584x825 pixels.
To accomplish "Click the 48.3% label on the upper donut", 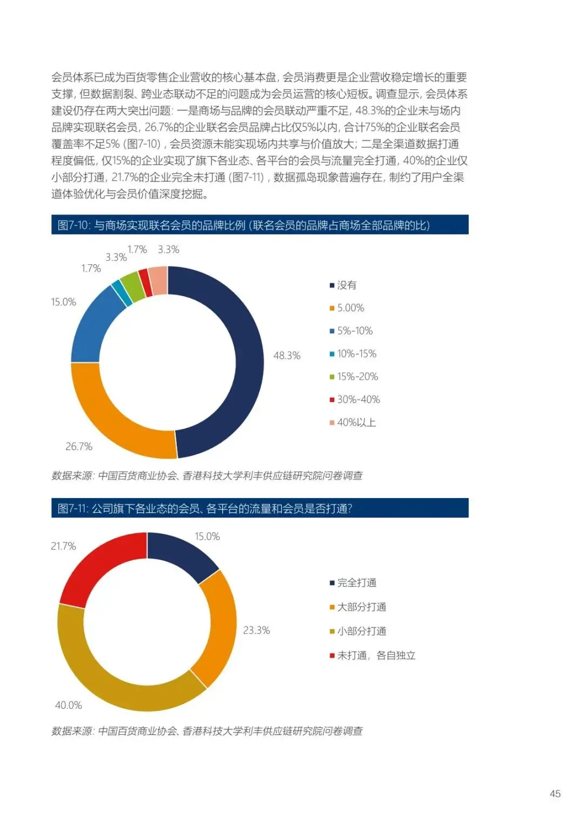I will [287, 356].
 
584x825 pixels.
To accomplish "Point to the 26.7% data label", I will [79, 447].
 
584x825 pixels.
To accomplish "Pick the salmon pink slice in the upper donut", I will [158, 280].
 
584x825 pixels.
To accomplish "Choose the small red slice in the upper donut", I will [144, 283].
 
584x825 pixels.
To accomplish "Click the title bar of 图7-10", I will [260, 225].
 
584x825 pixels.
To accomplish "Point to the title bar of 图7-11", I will [260, 508].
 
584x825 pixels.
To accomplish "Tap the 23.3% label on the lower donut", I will [256, 631].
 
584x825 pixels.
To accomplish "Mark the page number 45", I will [555, 794].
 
